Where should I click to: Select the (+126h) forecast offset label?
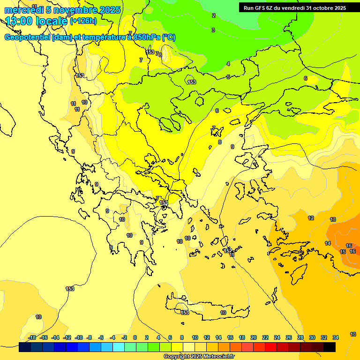click(x=83, y=21)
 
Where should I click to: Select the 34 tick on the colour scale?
click(x=336, y=337)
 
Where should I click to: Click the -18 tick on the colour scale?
click(x=32, y=337)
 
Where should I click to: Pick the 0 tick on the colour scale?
click(x=135, y=337)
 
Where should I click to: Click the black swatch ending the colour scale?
click(x=330, y=347)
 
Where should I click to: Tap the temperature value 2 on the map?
click(x=214, y=15)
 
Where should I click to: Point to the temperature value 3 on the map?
click(x=213, y=30)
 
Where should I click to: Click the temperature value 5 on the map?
click(x=228, y=77)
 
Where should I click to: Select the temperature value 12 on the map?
click(x=311, y=218)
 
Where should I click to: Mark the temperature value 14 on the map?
click(x=328, y=243)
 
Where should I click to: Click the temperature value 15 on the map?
click(x=343, y=252)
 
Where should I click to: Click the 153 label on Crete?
click(x=185, y=313)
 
